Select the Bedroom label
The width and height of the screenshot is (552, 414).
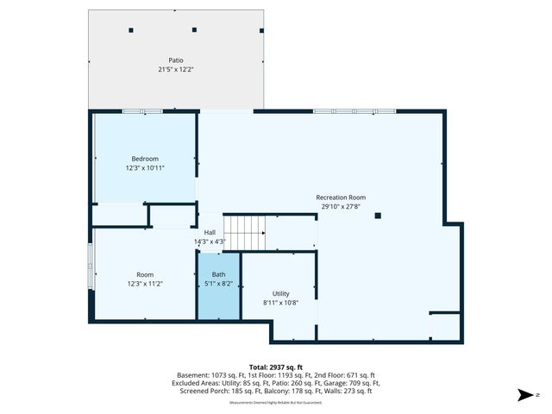[x=145, y=159]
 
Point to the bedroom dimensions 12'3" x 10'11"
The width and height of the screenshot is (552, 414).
[x=145, y=167]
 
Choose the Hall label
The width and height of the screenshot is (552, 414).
[x=210, y=233]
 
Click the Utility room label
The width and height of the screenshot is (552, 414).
[x=281, y=293]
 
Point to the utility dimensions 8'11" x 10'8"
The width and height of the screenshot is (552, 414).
[x=281, y=303]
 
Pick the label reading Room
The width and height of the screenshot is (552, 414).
[x=145, y=274]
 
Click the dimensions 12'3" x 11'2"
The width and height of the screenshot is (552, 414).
[x=145, y=283]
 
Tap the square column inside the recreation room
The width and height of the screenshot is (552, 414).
[x=378, y=216]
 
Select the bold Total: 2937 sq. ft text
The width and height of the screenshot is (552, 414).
[x=275, y=367]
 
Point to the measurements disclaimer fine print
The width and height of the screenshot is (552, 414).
[x=275, y=403]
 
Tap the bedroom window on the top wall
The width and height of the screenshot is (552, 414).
[x=142, y=110]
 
